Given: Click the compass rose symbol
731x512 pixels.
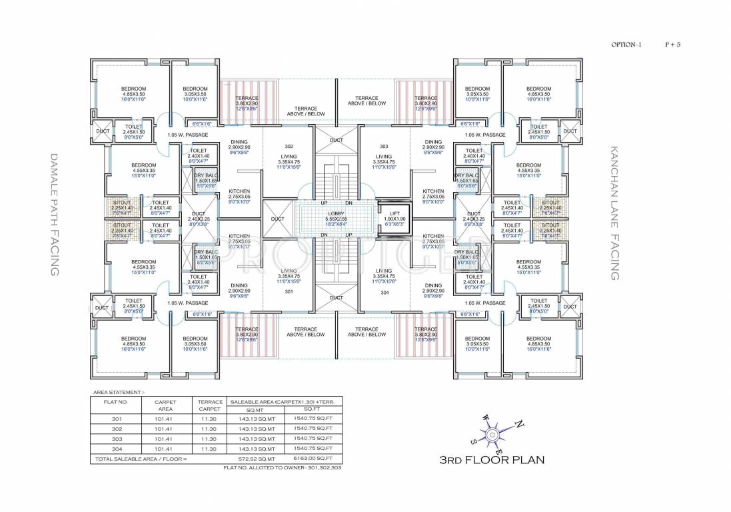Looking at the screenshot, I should [x=492, y=435].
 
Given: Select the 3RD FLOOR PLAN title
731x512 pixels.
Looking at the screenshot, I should [x=492, y=460].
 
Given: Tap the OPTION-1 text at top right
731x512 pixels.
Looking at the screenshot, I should [x=627, y=45].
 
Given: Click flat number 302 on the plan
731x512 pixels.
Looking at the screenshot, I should [x=289, y=146].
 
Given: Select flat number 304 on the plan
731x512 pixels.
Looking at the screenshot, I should [x=384, y=291].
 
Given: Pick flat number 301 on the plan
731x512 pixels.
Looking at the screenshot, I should [x=289, y=291].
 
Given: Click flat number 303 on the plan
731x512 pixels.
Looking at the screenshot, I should [x=384, y=146].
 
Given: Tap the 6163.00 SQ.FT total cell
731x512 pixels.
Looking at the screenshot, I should [x=313, y=459].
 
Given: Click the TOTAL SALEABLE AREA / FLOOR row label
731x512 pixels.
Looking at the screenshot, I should [x=141, y=459].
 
